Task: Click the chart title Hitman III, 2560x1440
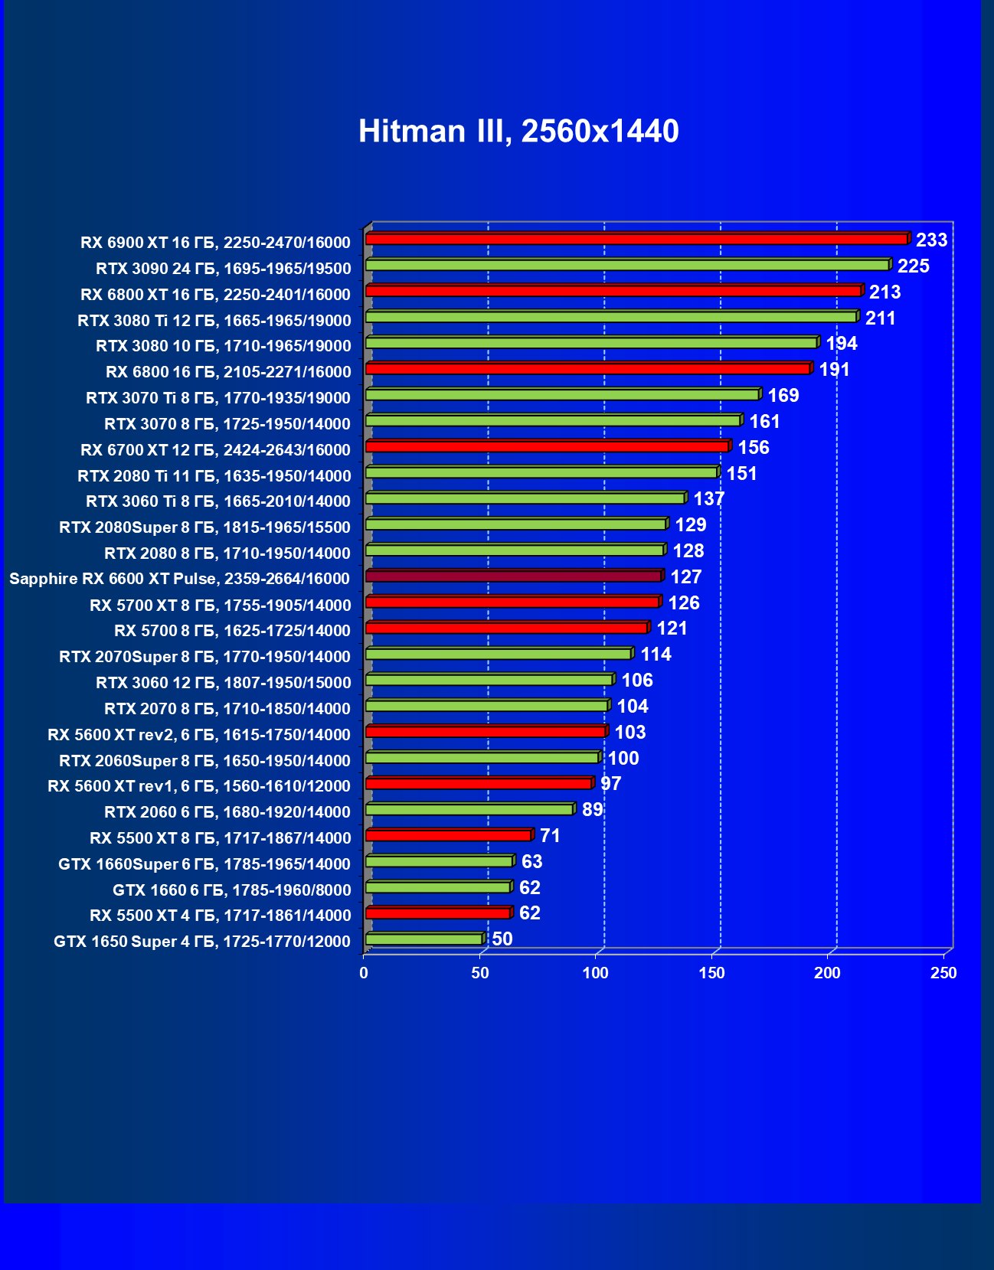pos(518,131)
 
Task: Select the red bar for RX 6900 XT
pos(636,240)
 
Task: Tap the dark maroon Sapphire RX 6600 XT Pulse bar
pos(513,576)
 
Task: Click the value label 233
pos(931,240)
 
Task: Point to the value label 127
pos(685,577)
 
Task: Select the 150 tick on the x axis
pos(711,973)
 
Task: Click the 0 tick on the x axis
pos(364,973)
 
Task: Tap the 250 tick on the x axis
pos(943,973)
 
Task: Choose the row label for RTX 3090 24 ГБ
pos(223,269)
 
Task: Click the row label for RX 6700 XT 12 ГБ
pos(215,450)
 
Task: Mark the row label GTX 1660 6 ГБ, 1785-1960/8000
pos(231,890)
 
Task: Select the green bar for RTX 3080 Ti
pos(610,317)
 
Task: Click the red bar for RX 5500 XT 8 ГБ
pos(448,835)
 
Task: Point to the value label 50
pos(502,939)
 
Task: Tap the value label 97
pos(610,784)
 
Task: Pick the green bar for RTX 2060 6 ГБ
pos(469,809)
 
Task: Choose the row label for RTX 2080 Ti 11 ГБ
pos(214,476)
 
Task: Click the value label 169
pos(783,396)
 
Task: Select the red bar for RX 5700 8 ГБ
pos(506,628)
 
